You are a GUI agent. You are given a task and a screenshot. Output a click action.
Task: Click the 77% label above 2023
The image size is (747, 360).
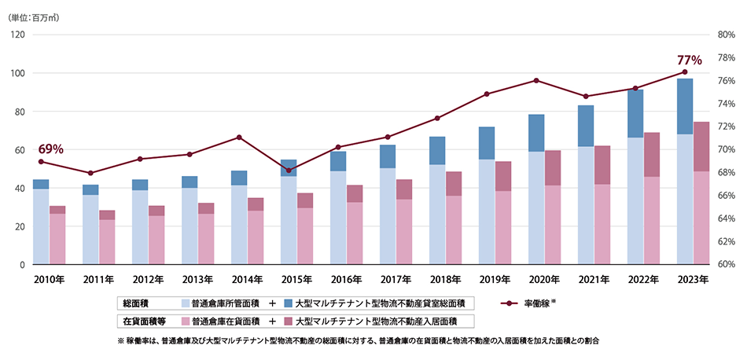coord(689,59)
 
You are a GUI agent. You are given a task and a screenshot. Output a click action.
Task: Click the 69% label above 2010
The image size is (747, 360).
coord(50,149)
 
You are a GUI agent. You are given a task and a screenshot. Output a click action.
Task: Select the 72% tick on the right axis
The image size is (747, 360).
coord(726,127)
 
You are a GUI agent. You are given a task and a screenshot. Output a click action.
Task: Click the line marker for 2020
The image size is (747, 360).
coord(536,80)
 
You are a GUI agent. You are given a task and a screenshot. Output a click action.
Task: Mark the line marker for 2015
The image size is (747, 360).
coord(289,171)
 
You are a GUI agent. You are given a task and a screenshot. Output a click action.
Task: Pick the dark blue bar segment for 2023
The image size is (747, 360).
coord(685,106)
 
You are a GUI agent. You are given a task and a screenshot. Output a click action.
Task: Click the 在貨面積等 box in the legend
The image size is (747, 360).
coord(141,321)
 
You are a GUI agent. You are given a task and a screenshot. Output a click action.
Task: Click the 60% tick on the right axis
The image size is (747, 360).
coord(726,265)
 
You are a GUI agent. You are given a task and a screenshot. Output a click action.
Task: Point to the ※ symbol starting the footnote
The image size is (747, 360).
coord(120,341)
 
